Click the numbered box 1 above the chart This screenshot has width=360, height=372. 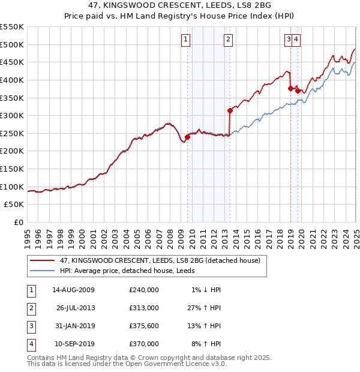(185, 40)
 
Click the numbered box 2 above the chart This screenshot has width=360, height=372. (229, 40)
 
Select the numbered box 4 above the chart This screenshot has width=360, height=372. (297, 40)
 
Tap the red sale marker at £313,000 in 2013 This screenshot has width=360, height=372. (230, 110)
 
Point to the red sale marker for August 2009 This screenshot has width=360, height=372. (187, 137)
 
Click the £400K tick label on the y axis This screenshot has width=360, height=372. (12, 80)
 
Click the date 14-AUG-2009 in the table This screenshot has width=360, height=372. (73, 290)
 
